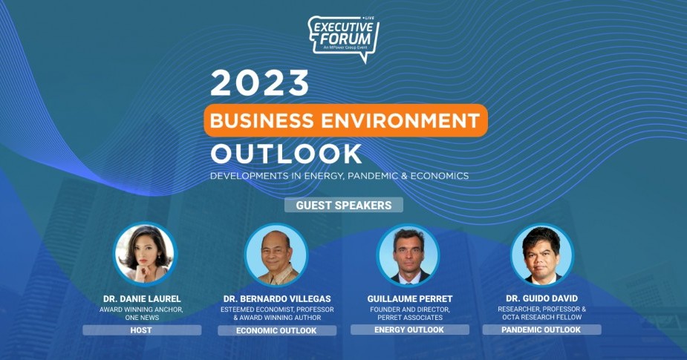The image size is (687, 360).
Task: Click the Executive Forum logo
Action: [x=343, y=39]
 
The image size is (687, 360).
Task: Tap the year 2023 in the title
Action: [x=259, y=83]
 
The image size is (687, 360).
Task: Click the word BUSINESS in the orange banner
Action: [x=261, y=120]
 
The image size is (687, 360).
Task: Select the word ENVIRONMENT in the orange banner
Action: [x=401, y=120]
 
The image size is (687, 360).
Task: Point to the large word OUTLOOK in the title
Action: [x=286, y=154]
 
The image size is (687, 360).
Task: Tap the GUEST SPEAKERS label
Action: [x=343, y=206]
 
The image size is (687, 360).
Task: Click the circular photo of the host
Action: [x=145, y=254]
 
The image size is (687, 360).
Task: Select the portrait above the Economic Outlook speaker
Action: [x=276, y=255]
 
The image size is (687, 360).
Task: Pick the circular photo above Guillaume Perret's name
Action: [x=408, y=255]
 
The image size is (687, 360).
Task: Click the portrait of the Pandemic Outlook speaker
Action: [x=542, y=255]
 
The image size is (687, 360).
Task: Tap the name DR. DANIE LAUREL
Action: [x=142, y=299]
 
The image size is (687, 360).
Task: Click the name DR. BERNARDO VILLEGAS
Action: [x=277, y=299]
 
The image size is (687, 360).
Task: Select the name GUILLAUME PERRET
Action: [x=410, y=299]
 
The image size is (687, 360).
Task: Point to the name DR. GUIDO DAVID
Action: [x=541, y=298]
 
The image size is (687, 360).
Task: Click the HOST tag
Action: [x=142, y=330]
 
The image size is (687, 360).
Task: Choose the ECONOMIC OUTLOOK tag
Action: [x=277, y=330]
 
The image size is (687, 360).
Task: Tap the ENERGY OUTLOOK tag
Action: [x=410, y=330]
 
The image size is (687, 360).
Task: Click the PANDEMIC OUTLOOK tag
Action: [x=541, y=330]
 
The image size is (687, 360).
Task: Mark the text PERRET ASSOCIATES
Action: [x=410, y=318]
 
